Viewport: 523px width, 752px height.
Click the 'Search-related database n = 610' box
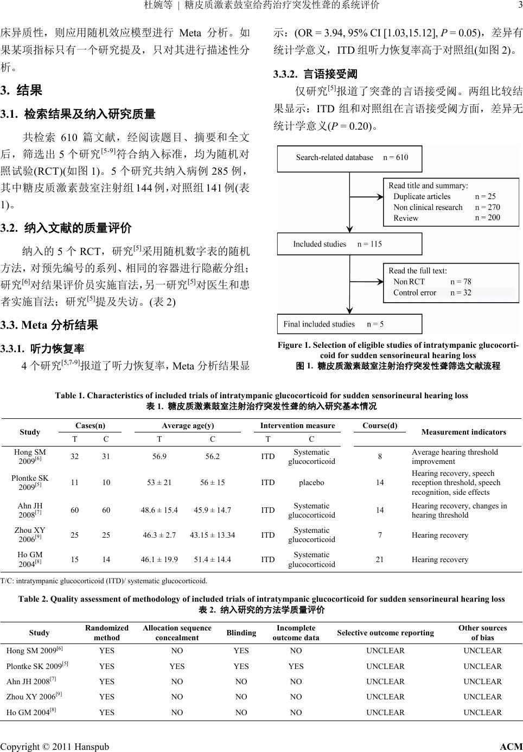pyautogui.click(x=349, y=158)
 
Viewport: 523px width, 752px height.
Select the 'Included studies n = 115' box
pyautogui.click(x=349, y=244)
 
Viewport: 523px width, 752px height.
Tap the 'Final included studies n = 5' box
pyautogui.click(x=349, y=324)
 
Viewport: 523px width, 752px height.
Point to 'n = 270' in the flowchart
pyautogui.click(x=487, y=207)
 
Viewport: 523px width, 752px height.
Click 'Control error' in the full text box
pyautogui.click(x=414, y=293)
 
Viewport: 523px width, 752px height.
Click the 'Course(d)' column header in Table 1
pyautogui.click(x=380, y=425)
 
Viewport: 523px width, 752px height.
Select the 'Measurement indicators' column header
pyautogui.click(x=463, y=432)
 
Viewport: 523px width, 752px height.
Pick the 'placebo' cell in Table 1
pyautogui.click(x=311, y=482)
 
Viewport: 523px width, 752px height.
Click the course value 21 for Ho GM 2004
pyautogui.click(x=380, y=559)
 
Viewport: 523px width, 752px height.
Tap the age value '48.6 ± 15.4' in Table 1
pyautogui.click(x=159, y=510)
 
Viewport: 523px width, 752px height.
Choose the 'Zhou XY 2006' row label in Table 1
pyautogui.click(x=30, y=534)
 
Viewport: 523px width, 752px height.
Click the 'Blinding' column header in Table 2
pyautogui.click(x=241, y=633)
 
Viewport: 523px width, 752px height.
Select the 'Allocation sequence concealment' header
pyautogui.click(x=177, y=633)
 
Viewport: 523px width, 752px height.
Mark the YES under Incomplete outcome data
pyautogui.click(x=296, y=666)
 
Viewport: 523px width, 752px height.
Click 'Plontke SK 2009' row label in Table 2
pyautogui.click(x=37, y=666)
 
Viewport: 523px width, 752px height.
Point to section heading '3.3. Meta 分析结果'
pyautogui.click(x=49, y=326)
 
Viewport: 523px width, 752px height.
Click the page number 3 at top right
pyautogui.click(x=519, y=5)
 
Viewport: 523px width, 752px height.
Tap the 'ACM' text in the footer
pyautogui.click(x=511, y=747)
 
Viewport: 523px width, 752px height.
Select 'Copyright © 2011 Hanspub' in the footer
pyautogui.click(x=54, y=747)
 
